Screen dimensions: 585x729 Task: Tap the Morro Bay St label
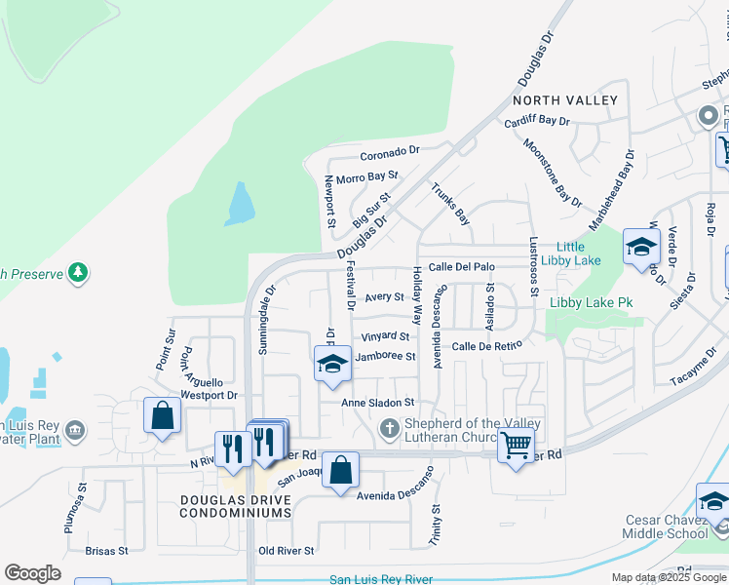[x=367, y=177]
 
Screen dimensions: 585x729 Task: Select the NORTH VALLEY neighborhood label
[x=565, y=100]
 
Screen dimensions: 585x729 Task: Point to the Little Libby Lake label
[x=578, y=253]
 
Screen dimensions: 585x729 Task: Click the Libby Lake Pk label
[x=591, y=303]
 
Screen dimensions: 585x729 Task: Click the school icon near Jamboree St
[x=332, y=364]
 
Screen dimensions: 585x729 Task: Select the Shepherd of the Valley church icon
[x=388, y=428]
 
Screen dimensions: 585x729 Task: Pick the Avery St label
[x=384, y=297]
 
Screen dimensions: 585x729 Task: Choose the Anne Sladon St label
[x=378, y=402]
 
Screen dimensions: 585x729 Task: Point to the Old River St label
[x=287, y=551]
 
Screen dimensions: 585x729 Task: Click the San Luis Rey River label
[x=381, y=579]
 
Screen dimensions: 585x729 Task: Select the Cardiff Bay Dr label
[x=537, y=122]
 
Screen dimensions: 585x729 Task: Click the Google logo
[x=32, y=573]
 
